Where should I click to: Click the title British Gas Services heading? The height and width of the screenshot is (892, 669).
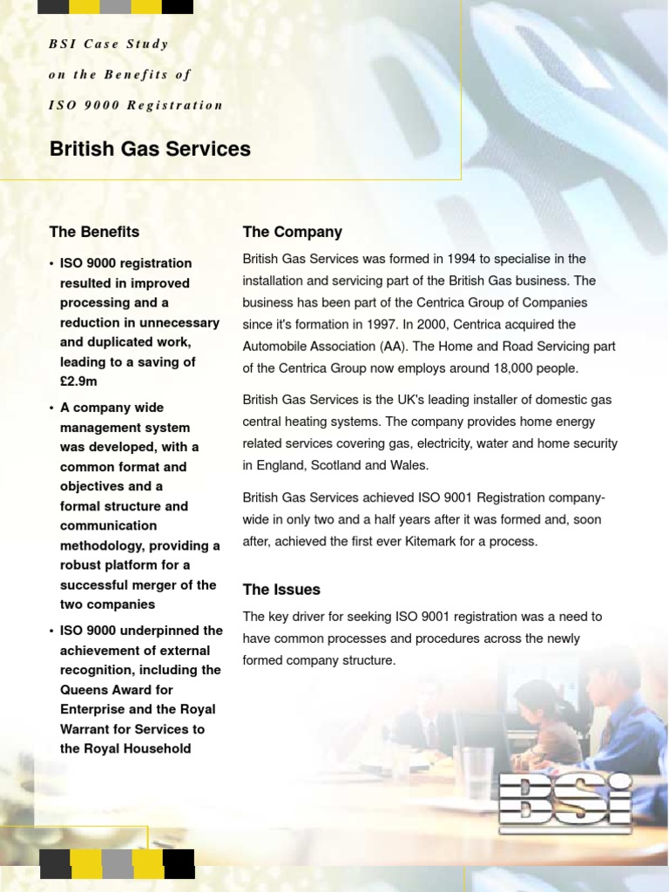point(150,149)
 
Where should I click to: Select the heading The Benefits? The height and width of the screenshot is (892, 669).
point(94,232)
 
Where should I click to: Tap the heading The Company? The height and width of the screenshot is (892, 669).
point(292,232)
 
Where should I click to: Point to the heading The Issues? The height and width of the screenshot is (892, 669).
point(281,590)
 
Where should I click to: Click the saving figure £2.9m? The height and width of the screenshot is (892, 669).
point(79,382)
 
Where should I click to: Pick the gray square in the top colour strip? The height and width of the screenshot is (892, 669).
point(116,7)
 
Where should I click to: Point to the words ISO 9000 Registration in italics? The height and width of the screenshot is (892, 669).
point(137,105)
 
